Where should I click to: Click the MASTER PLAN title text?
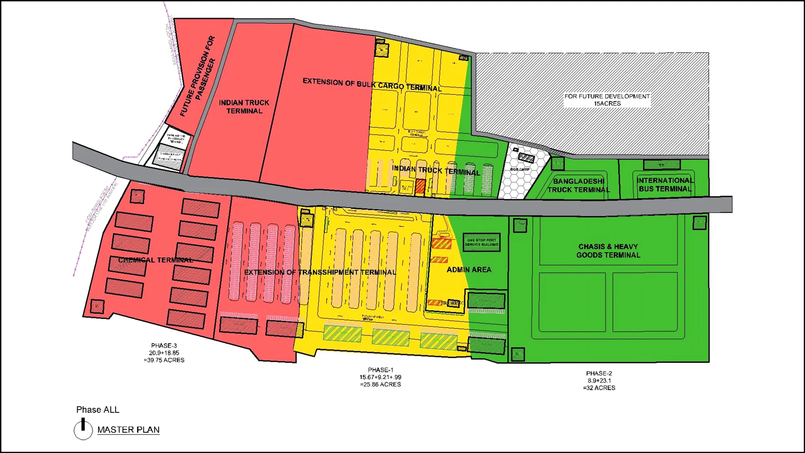tap(128, 430)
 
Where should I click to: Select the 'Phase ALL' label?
tap(98, 410)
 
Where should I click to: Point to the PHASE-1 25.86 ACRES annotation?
tap(380, 377)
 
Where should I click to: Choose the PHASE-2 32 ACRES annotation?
tap(599, 380)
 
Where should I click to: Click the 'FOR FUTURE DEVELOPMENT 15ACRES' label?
tap(607, 100)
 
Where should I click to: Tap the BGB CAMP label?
tap(520, 169)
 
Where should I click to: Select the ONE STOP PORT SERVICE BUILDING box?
tap(481, 242)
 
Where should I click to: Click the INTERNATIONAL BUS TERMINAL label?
tap(665, 185)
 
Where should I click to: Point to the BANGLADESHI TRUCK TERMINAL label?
tap(579, 185)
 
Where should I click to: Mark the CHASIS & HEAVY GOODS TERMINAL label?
tap(608, 251)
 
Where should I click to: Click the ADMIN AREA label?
tap(469, 270)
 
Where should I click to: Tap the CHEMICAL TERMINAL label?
tap(156, 260)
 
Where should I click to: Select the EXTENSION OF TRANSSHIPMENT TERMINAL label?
tap(320, 272)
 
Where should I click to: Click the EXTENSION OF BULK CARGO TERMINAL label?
tap(372, 84)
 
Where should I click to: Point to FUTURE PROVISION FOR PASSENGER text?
tap(198, 76)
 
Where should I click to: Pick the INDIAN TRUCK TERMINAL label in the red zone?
tap(244, 107)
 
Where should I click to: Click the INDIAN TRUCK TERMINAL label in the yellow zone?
tap(436, 170)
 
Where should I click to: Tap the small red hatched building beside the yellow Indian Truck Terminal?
tap(420, 186)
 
